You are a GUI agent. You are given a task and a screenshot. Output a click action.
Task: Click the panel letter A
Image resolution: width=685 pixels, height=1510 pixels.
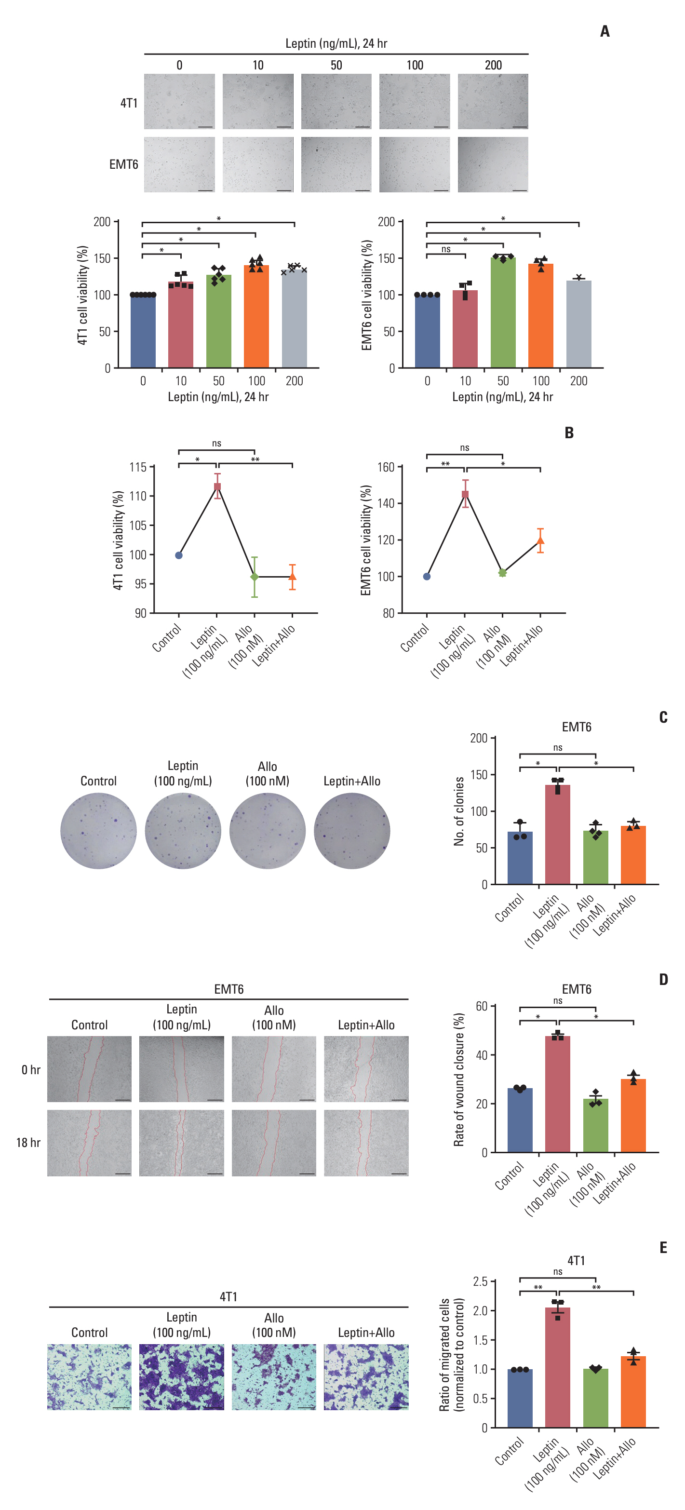(x=604, y=31)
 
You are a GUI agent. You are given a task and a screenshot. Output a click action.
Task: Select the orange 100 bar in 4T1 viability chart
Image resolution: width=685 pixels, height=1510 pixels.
(x=256, y=317)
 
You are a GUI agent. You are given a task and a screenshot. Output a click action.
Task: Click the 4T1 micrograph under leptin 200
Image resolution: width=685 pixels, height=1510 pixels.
(x=493, y=101)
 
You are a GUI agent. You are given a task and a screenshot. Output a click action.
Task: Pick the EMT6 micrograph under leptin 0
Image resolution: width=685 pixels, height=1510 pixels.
(x=179, y=165)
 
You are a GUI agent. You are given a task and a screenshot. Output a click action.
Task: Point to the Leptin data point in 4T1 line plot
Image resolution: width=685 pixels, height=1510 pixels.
(x=217, y=486)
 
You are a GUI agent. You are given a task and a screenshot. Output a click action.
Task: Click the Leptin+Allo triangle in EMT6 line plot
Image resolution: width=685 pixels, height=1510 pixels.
(x=540, y=540)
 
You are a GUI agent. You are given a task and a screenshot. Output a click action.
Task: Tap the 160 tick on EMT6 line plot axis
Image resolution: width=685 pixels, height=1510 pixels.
(x=386, y=467)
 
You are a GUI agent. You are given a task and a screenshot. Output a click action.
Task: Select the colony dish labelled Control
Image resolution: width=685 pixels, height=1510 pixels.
(x=98, y=831)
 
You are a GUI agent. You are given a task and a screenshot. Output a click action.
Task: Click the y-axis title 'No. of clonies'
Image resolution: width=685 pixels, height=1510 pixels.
(x=459, y=811)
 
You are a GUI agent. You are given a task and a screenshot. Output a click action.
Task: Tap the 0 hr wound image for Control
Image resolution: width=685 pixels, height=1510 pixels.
(x=90, y=1068)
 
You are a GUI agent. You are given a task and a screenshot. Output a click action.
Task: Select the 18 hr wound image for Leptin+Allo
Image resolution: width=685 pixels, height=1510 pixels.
(x=366, y=1143)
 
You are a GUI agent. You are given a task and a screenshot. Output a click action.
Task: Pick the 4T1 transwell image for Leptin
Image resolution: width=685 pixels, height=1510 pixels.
(x=182, y=1377)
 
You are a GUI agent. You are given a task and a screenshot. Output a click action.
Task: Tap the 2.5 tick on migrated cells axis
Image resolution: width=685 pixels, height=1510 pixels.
(x=480, y=1281)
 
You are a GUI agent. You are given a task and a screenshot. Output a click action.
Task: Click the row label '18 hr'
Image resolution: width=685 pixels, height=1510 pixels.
(x=28, y=1143)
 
